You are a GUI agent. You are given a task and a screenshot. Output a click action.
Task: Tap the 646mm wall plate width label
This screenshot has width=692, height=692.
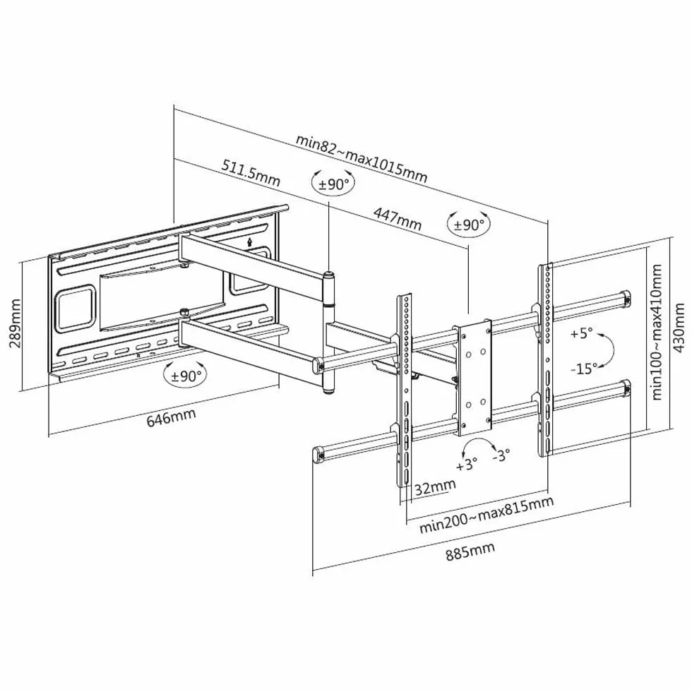click(x=171, y=417)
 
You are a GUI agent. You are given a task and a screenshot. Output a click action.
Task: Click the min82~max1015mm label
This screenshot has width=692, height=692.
click(x=362, y=157)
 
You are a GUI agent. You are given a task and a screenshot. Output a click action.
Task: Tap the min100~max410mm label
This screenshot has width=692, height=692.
click(x=656, y=332)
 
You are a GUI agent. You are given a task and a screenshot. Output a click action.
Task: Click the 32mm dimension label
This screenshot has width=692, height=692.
click(x=435, y=487)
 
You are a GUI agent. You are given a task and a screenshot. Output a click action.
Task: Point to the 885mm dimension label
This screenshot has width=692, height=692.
click(x=470, y=551)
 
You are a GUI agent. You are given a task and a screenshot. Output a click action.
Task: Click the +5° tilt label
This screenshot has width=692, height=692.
click(x=581, y=333)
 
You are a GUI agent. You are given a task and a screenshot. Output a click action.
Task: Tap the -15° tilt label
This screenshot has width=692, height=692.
click(x=584, y=368)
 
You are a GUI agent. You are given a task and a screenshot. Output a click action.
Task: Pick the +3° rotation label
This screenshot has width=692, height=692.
click(x=467, y=464)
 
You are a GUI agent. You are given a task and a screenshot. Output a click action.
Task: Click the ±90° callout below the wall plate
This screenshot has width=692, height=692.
click(x=185, y=376)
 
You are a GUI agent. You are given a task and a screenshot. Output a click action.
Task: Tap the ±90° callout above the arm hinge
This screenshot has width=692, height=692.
click(x=333, y=183)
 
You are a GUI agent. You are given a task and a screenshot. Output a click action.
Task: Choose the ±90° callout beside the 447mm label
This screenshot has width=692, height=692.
click(x=469, y=225)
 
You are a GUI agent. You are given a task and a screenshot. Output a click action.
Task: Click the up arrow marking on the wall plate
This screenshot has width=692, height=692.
click(x=250, y=241)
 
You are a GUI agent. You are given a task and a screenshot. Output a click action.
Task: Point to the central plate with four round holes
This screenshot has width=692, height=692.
click(x=474, y=378)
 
